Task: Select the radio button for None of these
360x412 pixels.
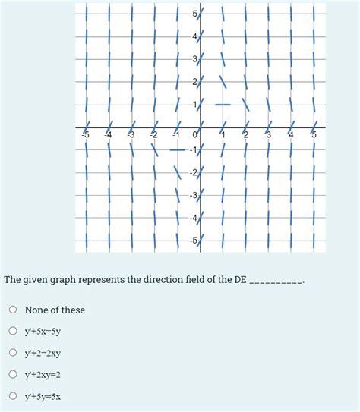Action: click(13, 310)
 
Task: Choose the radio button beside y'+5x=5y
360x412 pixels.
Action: click(13, 331)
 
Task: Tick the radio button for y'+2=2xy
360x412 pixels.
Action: click(13, 353)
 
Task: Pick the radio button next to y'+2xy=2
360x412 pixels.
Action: click(13, 374)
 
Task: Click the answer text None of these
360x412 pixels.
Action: click(55, 310)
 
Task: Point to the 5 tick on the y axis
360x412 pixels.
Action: click(194, 14)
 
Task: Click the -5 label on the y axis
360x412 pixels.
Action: click(193, 241)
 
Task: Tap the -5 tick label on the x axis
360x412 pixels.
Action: click(85, 135)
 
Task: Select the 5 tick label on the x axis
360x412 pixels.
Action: click(314, 135)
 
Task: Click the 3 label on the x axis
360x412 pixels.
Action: click(268, 135)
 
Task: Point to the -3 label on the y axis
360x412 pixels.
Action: click(193, 197)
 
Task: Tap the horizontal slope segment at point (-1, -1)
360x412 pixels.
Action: click(176, 150)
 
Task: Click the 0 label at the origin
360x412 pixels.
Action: click(195, 135)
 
